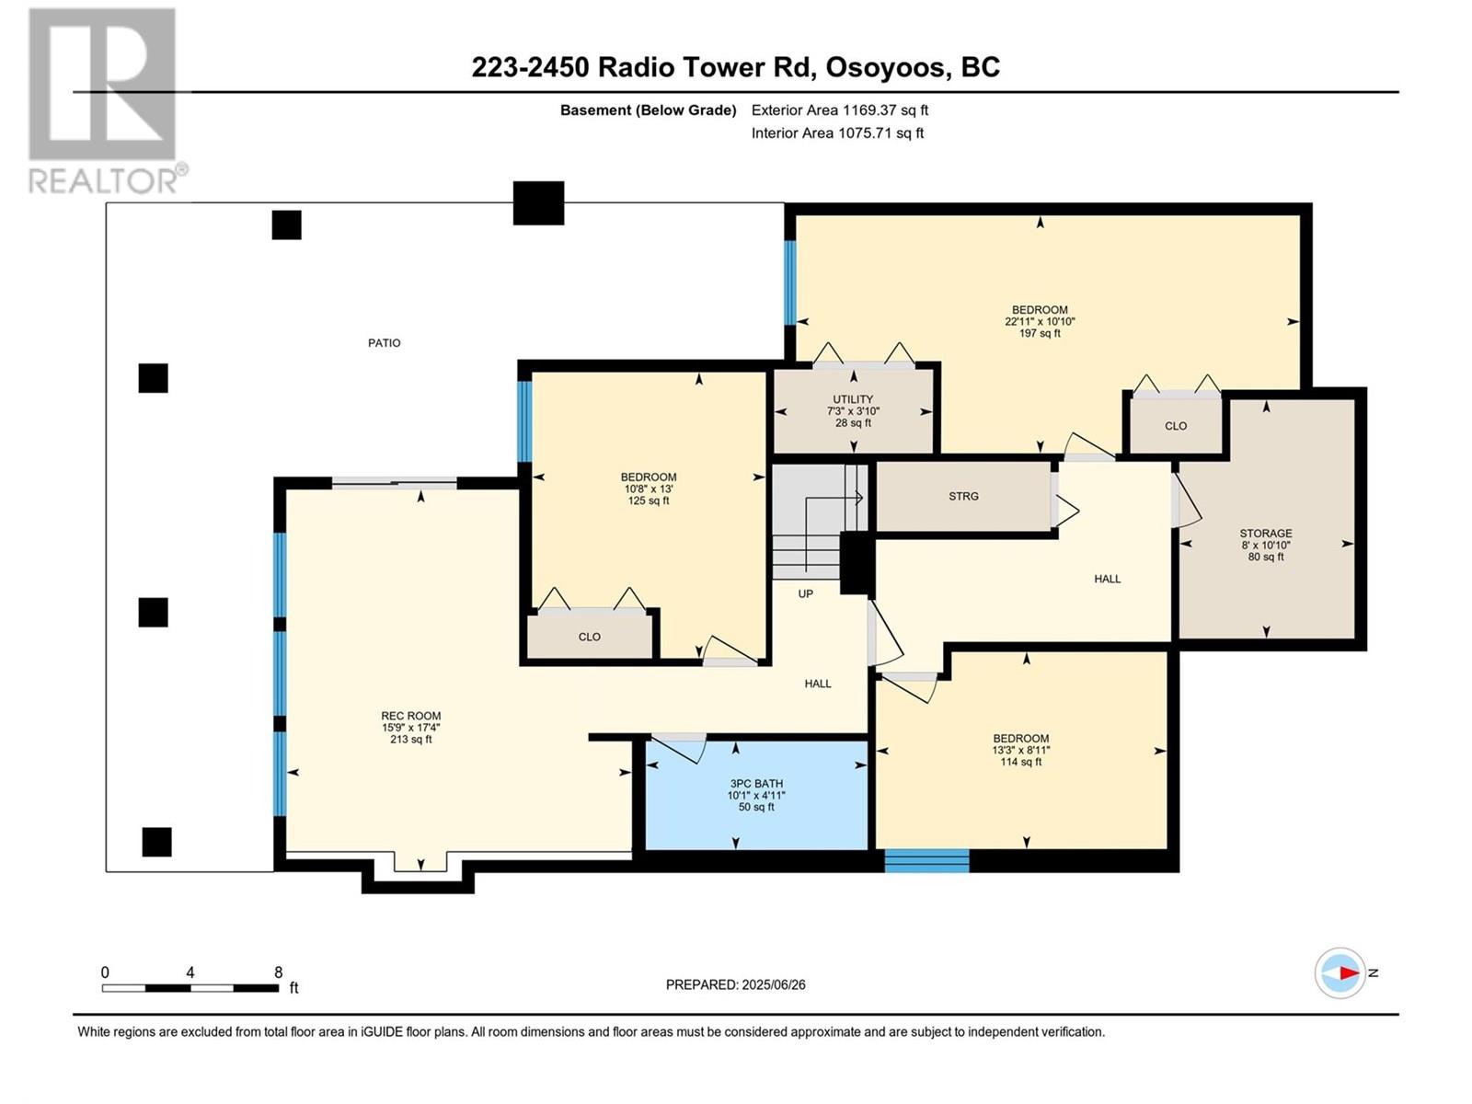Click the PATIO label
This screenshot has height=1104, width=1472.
coord(384,343)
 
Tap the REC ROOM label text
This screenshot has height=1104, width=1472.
coord(410,716)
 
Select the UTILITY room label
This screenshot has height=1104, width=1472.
coord(852,399)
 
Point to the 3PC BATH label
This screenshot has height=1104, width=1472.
coord(756,784)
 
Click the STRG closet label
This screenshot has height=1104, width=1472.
coord(963,497)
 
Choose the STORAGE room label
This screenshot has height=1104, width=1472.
coord(1265,534)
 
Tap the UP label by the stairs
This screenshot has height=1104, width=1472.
coord(805,594)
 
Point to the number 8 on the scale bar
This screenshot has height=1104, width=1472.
coord(279,972)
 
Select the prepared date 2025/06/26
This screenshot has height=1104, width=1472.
coord(773,984)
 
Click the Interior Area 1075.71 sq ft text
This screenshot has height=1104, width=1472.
coord(837,133)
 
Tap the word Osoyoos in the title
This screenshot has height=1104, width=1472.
coord(883,68)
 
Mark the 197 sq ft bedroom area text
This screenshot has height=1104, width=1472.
coord(1040,333)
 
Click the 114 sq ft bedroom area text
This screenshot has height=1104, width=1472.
coord(1020,762)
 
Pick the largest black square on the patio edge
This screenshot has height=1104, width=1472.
coord(538,203)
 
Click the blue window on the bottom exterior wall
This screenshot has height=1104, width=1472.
coord(926,861)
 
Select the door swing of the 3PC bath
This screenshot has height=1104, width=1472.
coord(679,750)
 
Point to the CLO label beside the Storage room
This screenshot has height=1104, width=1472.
coord(1176,426)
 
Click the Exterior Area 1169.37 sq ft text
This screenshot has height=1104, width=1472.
coord(840,110)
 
